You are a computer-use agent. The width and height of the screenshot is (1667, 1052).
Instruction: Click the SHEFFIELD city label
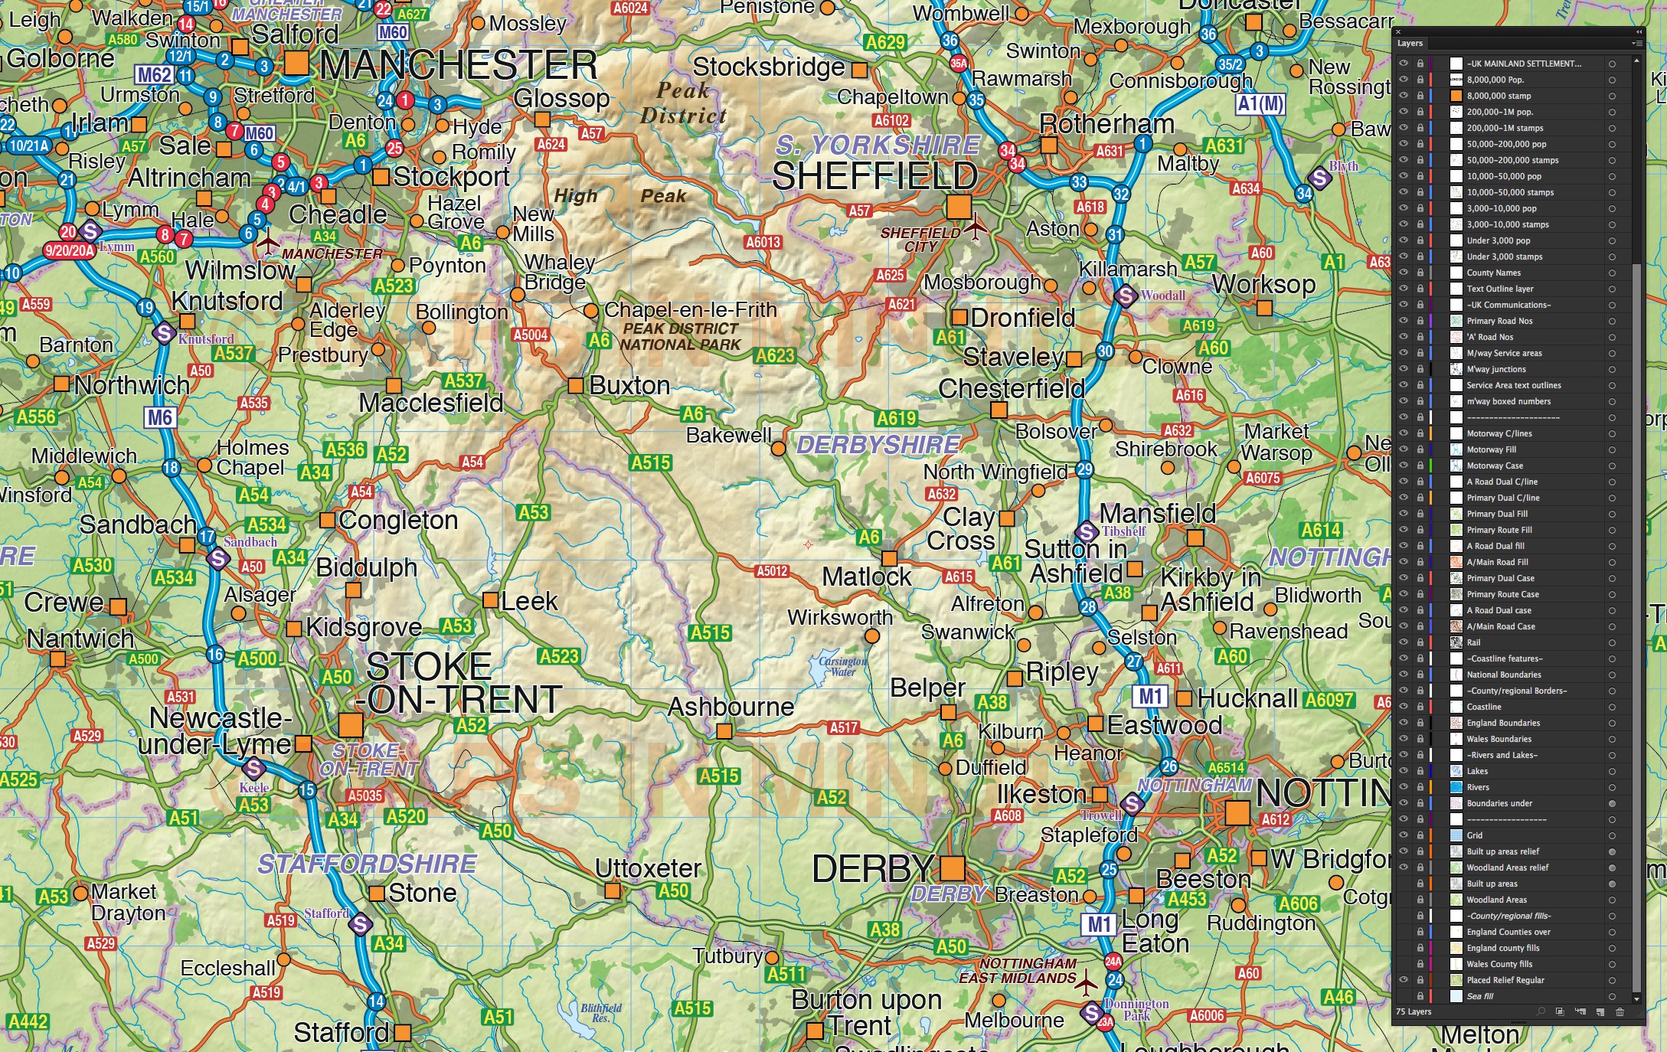(x=874, y=177)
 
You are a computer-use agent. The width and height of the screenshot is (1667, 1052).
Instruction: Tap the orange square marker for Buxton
(x=575, y=385)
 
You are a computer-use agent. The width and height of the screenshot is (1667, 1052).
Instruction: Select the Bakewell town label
(x=728, y=435)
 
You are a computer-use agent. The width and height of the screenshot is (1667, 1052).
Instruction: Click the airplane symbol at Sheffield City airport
(x=975, y=227)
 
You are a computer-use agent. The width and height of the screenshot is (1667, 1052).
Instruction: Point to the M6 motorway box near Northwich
(x=159, y=417)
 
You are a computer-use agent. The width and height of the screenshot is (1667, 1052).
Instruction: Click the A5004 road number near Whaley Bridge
(x=531, y=335)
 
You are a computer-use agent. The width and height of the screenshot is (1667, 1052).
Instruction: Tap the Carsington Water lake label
(x=842, y=666)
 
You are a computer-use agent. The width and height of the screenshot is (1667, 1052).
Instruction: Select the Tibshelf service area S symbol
(x=1087, y=531)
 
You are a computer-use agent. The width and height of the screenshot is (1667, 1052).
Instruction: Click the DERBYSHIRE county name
(x=878, y=445)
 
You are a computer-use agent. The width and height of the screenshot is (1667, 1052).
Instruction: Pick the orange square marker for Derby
(x=952, y=867)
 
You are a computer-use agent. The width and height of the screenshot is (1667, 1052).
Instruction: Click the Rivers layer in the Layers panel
(x=1478, y=787)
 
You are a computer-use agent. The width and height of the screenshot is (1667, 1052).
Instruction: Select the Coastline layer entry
(x=1483, y=707)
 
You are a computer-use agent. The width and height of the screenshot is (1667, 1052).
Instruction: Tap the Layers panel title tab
(x=1410, y=44)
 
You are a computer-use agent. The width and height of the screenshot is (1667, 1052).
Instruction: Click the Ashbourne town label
(x=731, y=707)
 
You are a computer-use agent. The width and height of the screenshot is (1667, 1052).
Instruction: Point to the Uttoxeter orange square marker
(x=612, y=890)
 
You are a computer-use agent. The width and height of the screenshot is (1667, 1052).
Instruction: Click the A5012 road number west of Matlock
(x=772, y=571)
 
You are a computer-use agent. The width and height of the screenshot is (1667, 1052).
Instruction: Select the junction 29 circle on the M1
(x=1084, y=469)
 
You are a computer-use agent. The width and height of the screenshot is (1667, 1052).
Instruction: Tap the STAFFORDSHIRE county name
(x=367, y=864)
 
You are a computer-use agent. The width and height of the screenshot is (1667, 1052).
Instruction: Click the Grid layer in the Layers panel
(x=1474, y=835)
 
